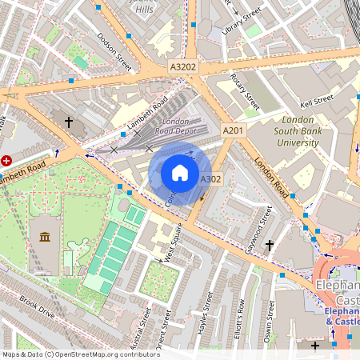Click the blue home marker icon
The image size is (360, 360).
[179, 173]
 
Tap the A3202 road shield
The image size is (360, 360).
[183, 68]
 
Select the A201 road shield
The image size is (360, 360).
[233, 130]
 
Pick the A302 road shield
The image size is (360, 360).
[210, 179]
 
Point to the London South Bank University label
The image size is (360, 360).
[298, 131]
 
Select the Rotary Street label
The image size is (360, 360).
[244, 92]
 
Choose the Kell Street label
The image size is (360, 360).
[316, 102]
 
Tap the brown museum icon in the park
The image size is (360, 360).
[44, 237]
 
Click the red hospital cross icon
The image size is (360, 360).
[7, 160]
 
